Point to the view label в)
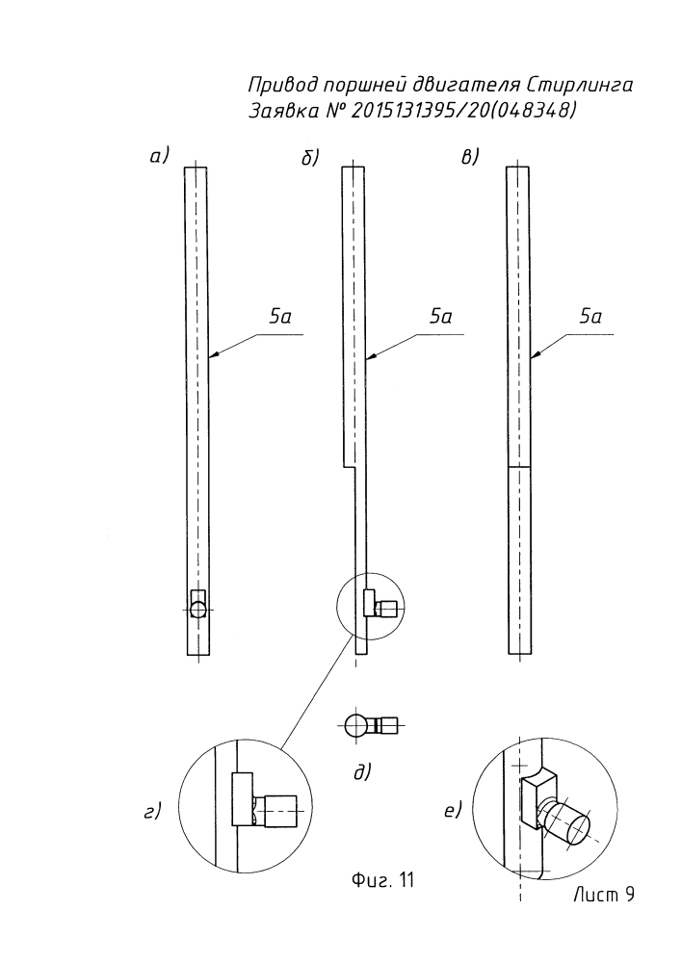point(471,157)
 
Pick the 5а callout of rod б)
point(441,318)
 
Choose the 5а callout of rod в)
point(591,318)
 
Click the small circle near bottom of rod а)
point(197,609)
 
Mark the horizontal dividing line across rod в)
point(518,467)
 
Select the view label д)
point(362,770)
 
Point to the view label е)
point(454,811)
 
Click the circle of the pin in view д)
point(356,724)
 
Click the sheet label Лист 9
point(602,895)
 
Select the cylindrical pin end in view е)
point(574,826)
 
